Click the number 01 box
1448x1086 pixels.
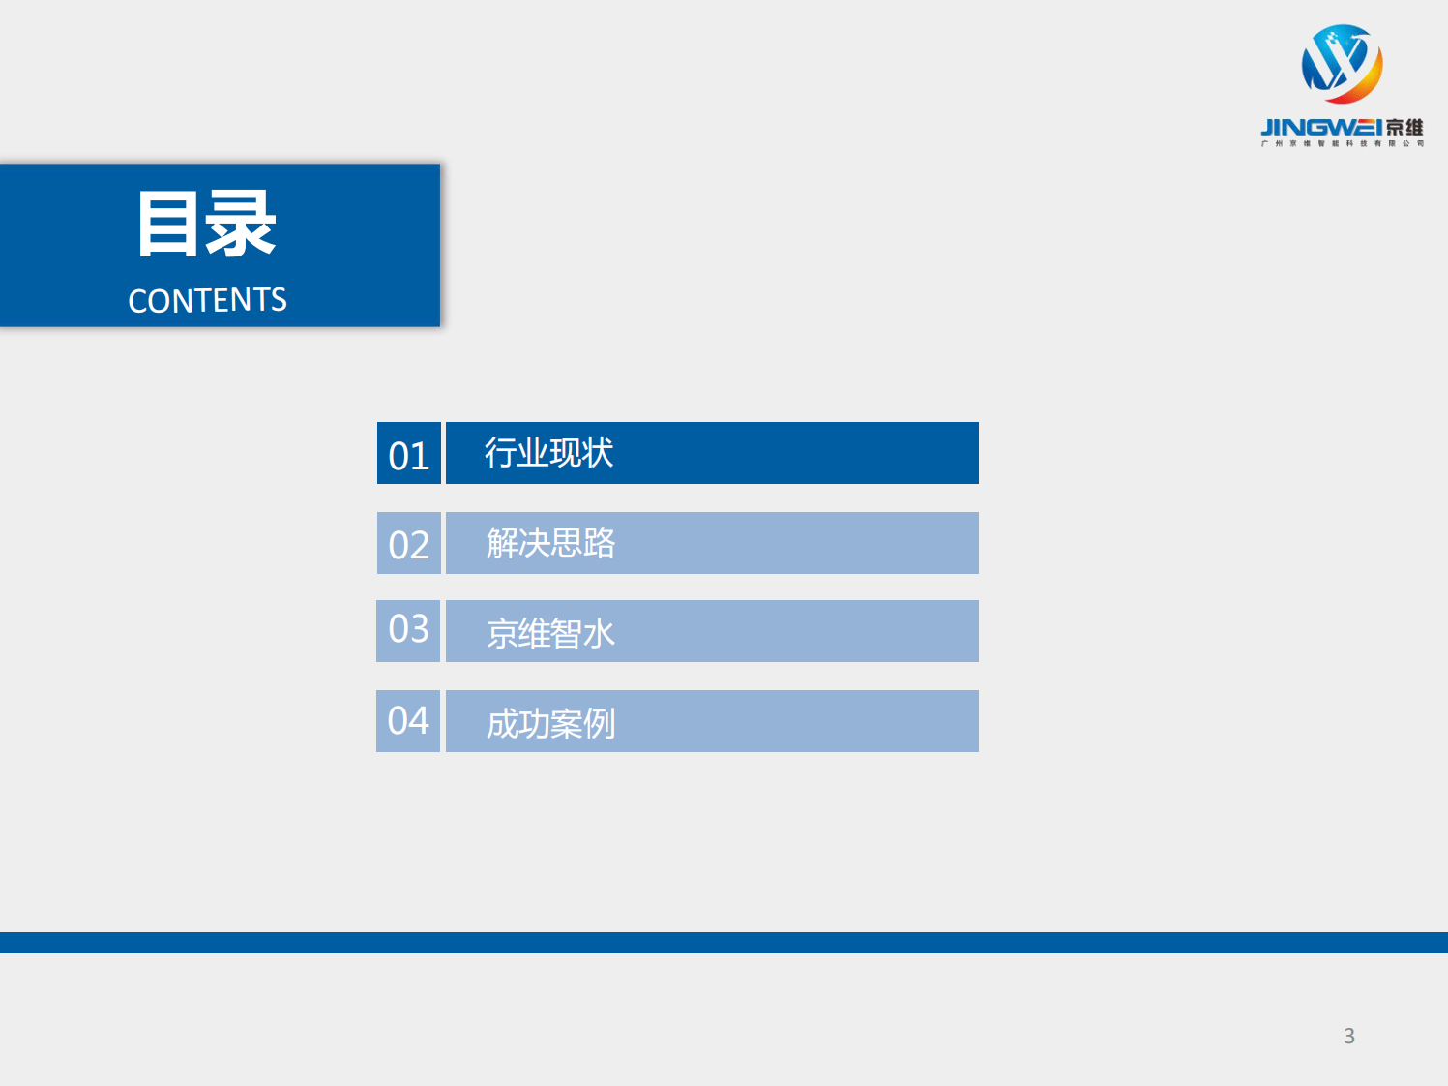tap(409, 454)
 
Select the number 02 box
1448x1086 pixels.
tap(409, 544)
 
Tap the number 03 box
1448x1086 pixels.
tap(408, 631)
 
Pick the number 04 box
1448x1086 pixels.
tap(408, 721)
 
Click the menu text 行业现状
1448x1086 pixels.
tap(548, 453)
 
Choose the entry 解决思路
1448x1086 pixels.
tap(550, 543)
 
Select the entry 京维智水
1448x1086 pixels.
tap(550, 633)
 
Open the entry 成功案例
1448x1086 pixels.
tap(550, 723)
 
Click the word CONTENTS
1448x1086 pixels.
tap(207, 300)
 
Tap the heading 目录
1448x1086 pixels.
tap(207, 224)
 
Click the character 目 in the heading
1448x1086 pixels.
tap(168, 224)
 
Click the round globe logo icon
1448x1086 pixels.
tap(1342, 64)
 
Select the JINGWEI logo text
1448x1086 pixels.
tap(1320, 128)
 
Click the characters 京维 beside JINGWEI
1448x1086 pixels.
tap(1404, 128)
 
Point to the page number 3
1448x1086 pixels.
tap(1349, 1036)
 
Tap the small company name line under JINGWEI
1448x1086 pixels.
tap(1342, 144)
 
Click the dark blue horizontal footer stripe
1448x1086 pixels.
tap(724, 943)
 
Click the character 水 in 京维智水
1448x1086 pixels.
tap(600, 634)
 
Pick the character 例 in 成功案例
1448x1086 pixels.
tap(600, 723)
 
